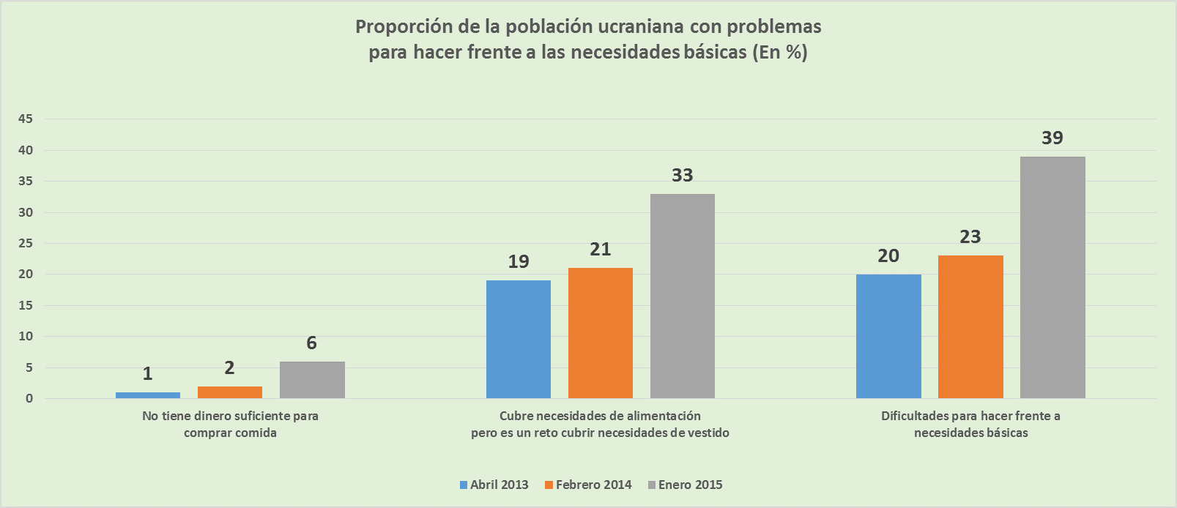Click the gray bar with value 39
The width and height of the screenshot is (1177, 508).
click(1052, 277)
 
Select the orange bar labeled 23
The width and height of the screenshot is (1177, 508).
click(970, 326)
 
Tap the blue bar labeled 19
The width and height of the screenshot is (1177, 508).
click(519, 339)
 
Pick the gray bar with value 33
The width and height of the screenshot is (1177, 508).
click(683, 296)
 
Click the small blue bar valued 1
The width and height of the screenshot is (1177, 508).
click(148, 395)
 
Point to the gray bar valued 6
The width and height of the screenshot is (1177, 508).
click(312, 380)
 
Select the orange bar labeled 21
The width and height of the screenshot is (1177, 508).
click(601, 333)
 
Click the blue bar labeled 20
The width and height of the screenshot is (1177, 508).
click(888, 336)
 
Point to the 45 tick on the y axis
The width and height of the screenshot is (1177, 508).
click(26, 119)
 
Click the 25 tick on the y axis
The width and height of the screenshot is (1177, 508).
click(26, 244)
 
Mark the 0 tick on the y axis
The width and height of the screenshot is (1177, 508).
click(29, 399)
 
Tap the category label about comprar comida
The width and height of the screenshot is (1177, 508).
click(230, 425)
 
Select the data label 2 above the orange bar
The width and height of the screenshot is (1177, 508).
click(229, 367)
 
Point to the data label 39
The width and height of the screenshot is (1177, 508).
click(1052, 138)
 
